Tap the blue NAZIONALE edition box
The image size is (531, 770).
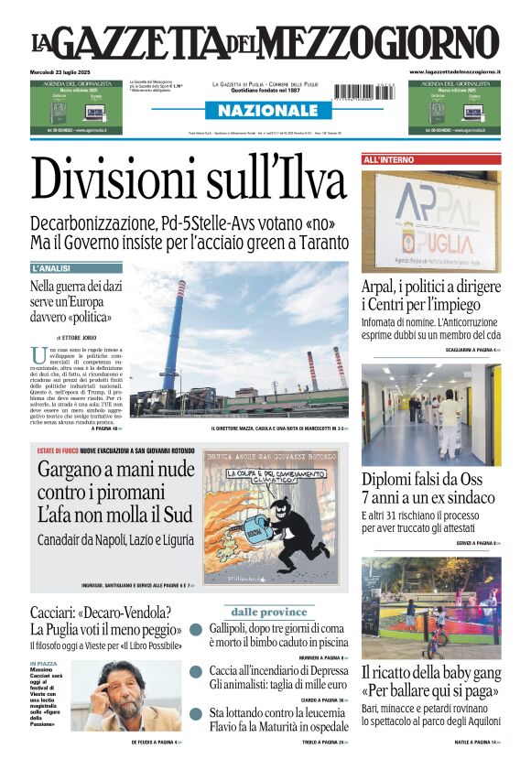coord(265,111)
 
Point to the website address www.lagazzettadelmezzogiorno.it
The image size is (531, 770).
coord(455,71)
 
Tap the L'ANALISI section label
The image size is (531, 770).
coord(51,268)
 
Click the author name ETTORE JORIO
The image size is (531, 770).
coord(83,338)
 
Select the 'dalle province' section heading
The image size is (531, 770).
coord(268,612)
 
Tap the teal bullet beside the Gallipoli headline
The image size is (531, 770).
coord(196,630)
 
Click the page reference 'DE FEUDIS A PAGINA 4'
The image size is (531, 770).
coord(156,742)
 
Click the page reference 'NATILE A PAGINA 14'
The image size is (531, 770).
coord(475,742)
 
